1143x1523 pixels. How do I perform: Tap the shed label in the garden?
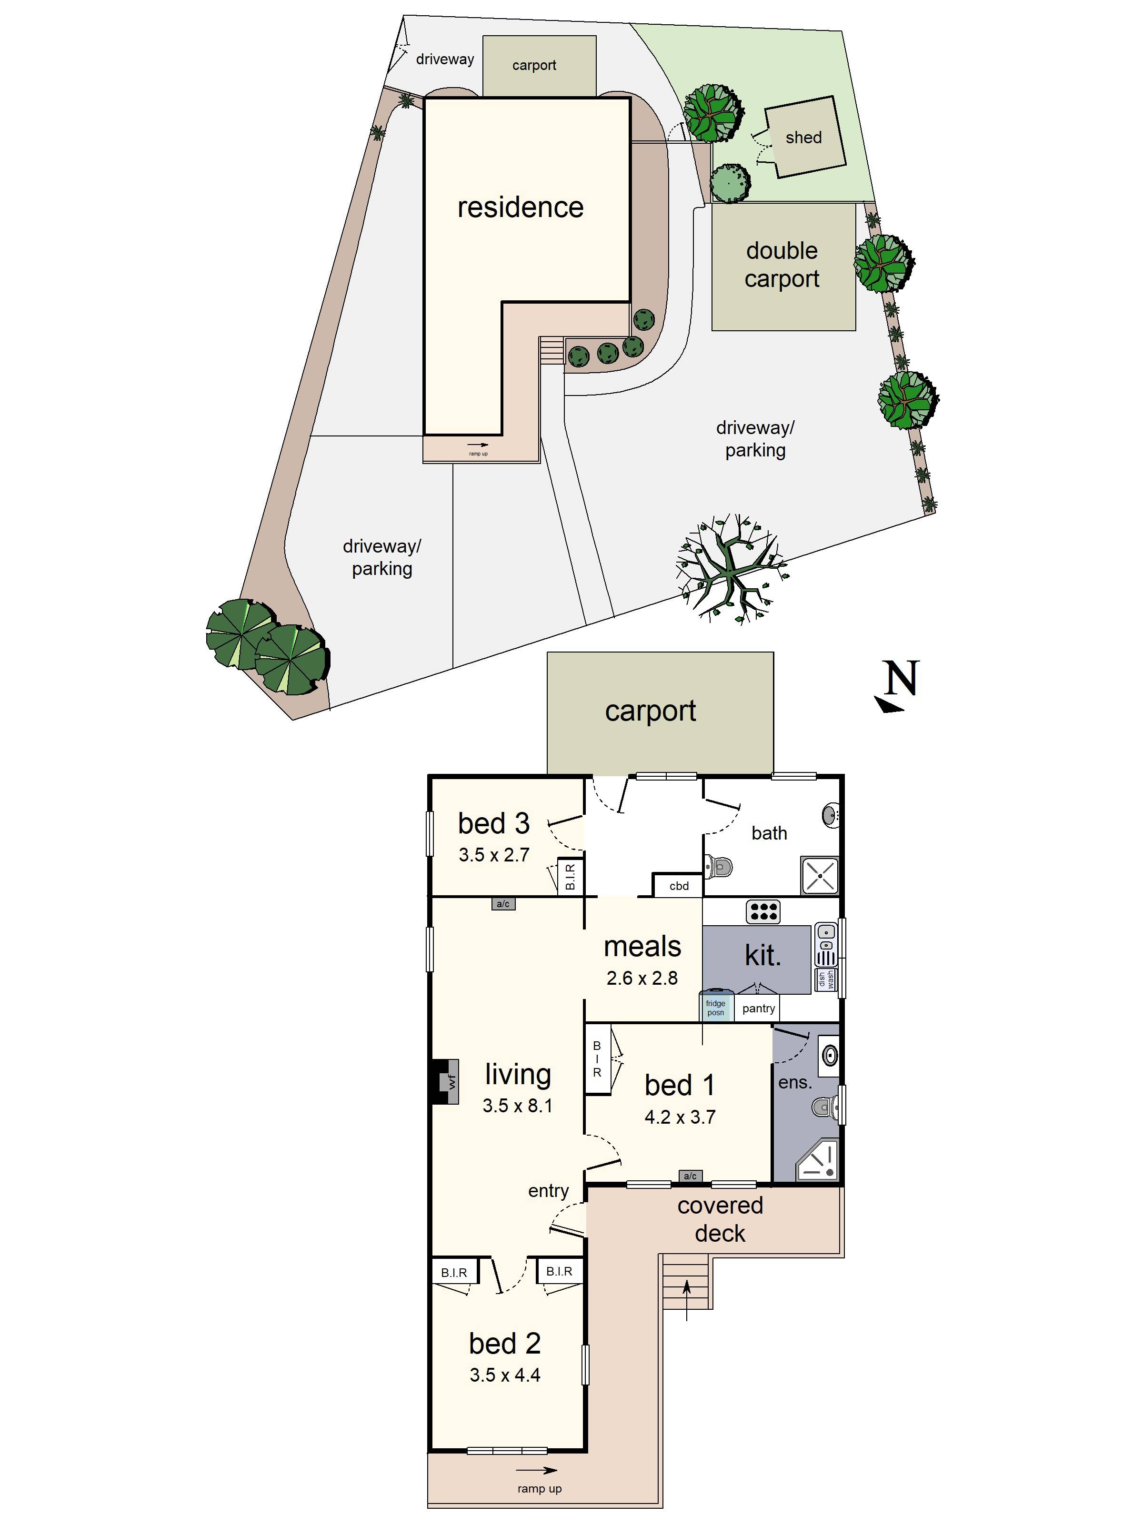pos(803,138)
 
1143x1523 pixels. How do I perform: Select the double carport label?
pos(782,265)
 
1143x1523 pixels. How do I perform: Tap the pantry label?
pos(759,1008)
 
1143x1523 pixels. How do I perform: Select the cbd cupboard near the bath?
pos(679,886)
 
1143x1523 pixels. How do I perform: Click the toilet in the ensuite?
pos(825,1107)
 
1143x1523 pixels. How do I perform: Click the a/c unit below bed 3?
pos(503,904)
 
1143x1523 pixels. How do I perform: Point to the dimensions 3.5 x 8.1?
pos(517,1106)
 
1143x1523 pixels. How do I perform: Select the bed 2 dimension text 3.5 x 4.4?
pos(505,1375)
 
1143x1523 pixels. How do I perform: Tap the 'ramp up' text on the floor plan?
pos(540,1489)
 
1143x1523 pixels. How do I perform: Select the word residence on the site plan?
pos(520,207)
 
